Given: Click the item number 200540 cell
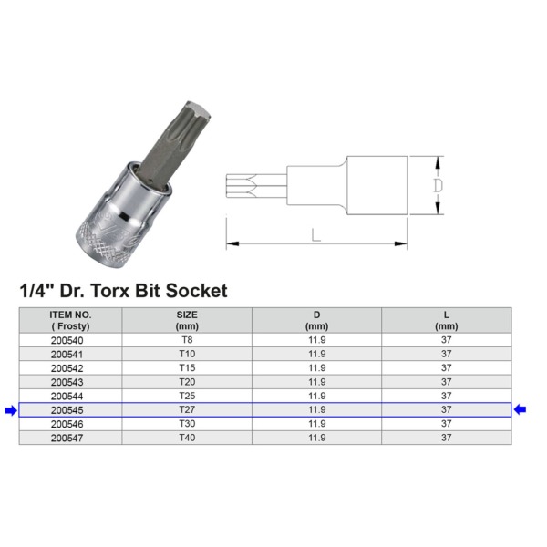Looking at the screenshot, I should point(70,339).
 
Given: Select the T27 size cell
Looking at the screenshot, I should point(187,410).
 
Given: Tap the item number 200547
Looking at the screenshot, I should point(70,439).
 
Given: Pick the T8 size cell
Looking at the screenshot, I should point(187,339).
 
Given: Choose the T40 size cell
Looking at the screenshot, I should point(187,439).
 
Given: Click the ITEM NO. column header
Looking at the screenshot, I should point(70,319).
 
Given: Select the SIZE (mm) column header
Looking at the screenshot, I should point(187,319).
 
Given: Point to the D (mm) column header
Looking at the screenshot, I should point(316,319).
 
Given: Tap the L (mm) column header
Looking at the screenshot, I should point(446,319).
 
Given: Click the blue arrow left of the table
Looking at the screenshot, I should point(10,410).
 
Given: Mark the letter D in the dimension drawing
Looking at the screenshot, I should point(437,185).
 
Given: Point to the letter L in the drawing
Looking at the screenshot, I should point(315,235).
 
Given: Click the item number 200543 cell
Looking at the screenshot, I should point(70,382).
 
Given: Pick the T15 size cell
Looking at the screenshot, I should point(187,367).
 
